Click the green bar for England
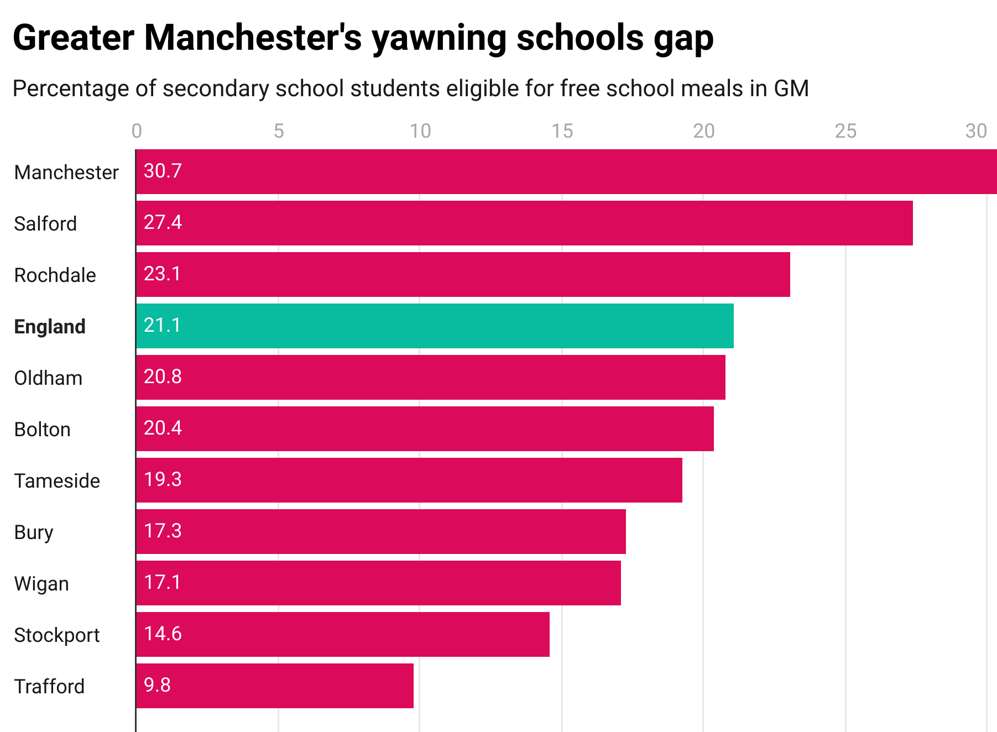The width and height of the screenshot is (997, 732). tap(435, 326)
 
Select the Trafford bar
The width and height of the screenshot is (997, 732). tap(275, 686)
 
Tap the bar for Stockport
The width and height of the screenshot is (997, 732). tap(343, 634)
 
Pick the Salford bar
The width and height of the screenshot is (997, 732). tap(524, 223)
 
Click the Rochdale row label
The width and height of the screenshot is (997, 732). tap(55, 275)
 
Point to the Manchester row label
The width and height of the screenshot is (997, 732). tap(66, 172)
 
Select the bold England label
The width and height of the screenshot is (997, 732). tap(50, 326)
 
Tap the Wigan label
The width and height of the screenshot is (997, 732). tap(41, 583)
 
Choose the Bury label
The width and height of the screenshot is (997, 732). tap(34, 532)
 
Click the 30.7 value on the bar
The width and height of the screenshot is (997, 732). tap(163, 171)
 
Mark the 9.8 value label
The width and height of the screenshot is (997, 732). tap(157, 685)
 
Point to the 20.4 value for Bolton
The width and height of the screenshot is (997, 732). tap(163, 428)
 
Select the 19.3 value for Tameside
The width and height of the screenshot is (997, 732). tap(163, 479)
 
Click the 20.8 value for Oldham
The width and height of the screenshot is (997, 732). tap(163, 377)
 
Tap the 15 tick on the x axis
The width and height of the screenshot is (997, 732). tap(562, 131)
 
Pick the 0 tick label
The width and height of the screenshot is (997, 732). tap(137, 131)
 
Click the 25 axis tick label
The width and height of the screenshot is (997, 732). tap(845, 131)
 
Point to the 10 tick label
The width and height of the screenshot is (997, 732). tap(420, 131)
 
